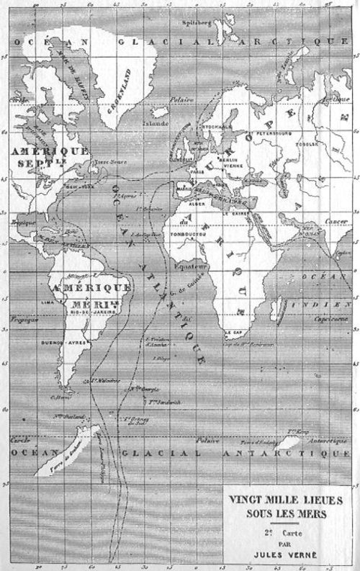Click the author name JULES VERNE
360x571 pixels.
(287, 555)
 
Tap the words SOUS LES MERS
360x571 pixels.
(286, 513)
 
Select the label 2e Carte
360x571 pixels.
(286, 530)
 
